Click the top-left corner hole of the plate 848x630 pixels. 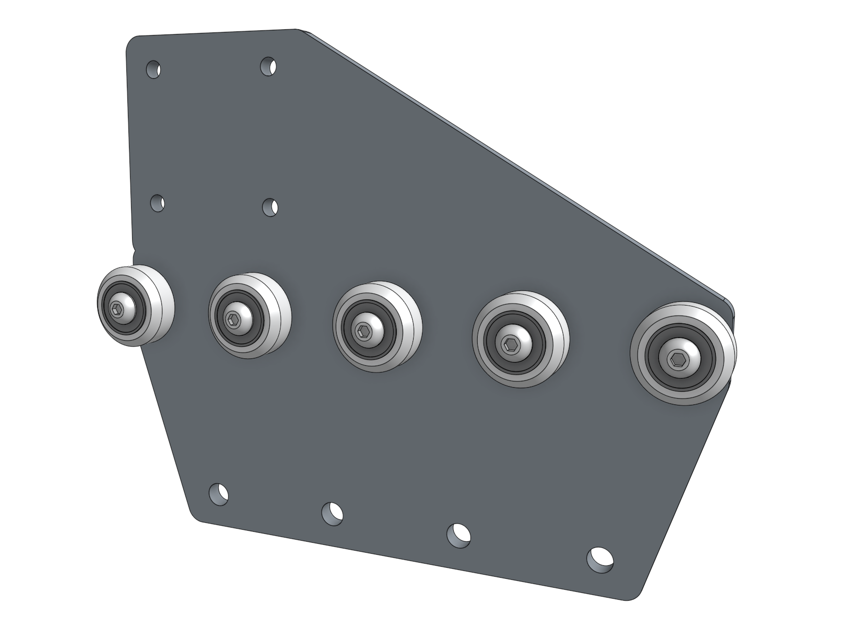(x=154, y=69)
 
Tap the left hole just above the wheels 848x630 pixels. (x=158, y=203)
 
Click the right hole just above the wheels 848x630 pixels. (x=270, y=207)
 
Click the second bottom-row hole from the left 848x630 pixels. (x=332, y=514)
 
